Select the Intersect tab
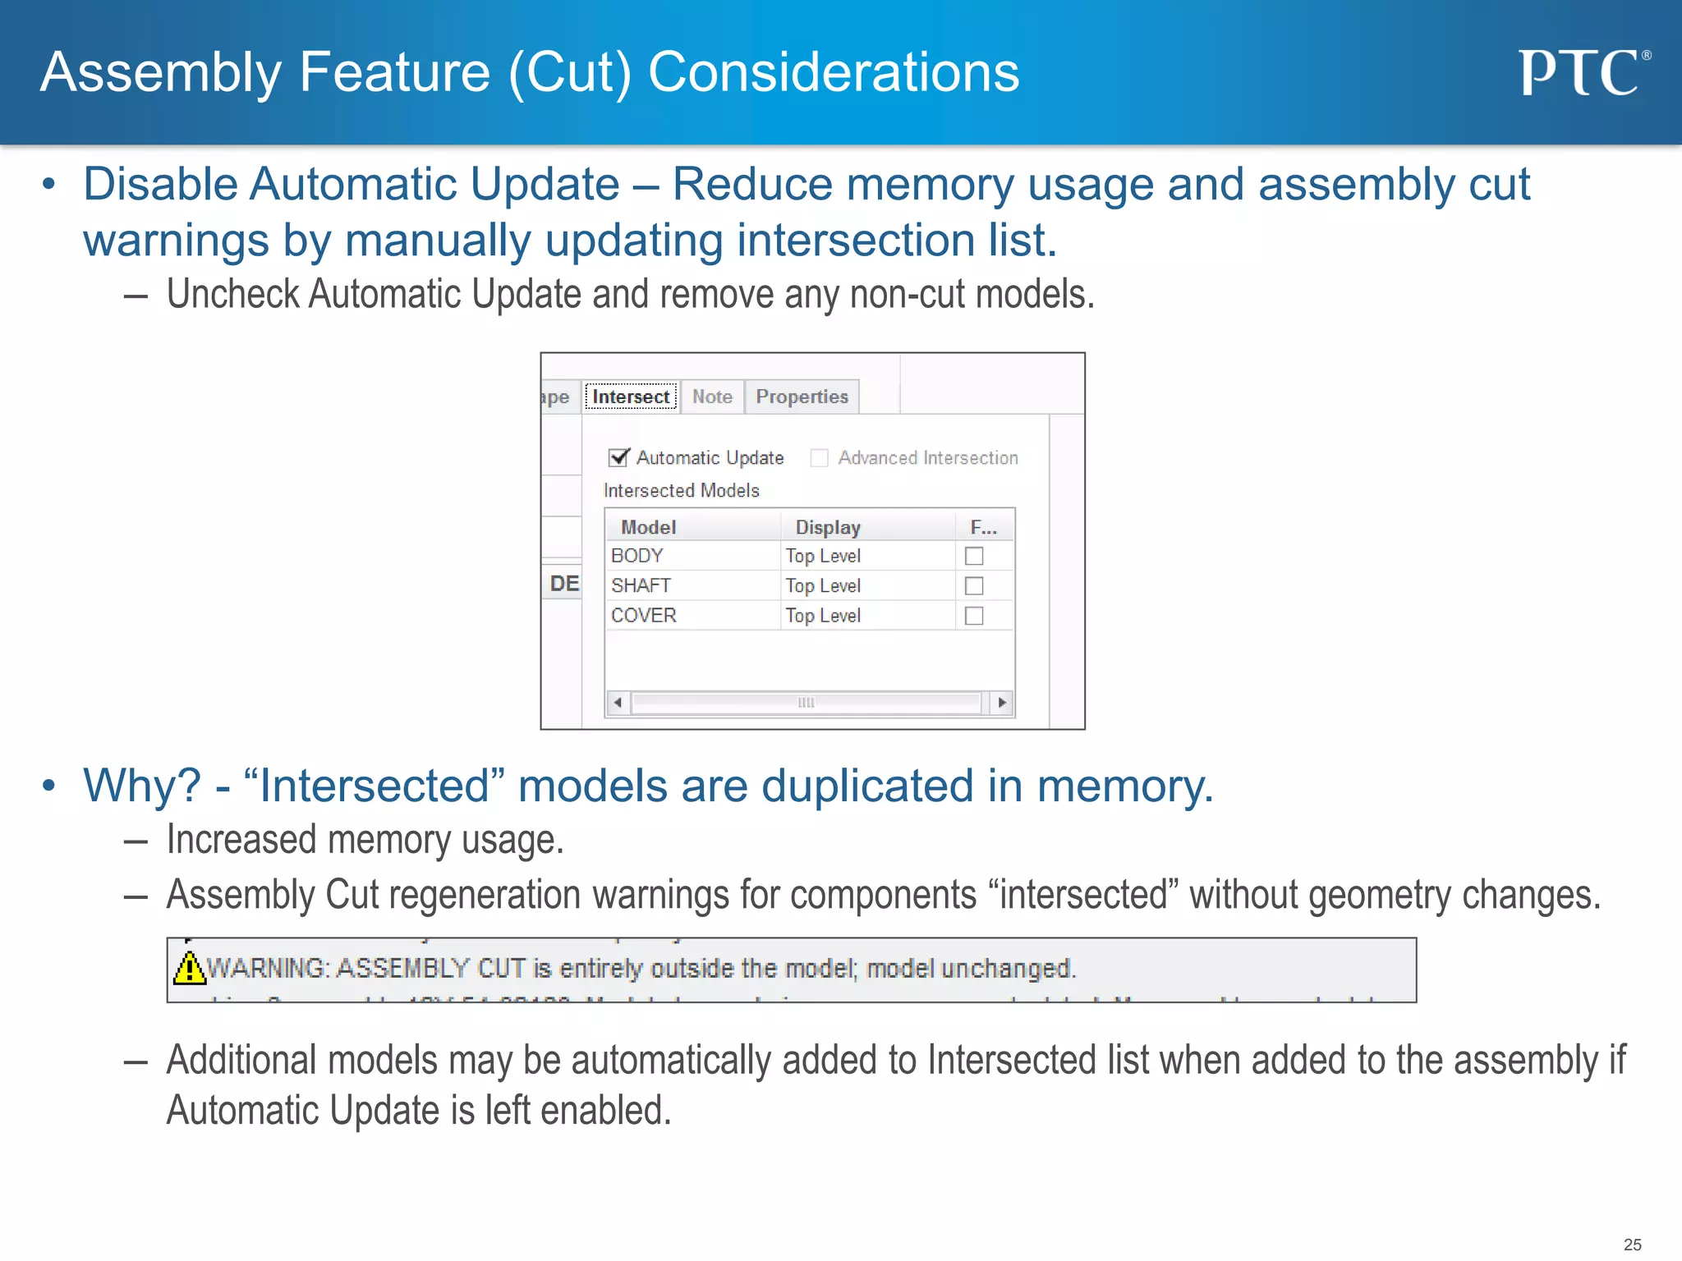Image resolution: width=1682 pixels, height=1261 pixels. [630, 397]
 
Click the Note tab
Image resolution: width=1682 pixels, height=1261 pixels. [711, 397]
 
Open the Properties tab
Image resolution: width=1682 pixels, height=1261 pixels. [802, 397]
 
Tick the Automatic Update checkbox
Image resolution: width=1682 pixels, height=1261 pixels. [618, 457]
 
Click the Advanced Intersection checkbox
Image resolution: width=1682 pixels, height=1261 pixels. [819, 457]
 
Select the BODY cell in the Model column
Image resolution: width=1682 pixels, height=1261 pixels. [637, 556]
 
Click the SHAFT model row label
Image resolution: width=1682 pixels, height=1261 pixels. [641, 585]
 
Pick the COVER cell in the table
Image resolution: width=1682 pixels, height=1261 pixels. [643, 616]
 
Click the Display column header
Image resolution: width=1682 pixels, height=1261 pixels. [828, 527]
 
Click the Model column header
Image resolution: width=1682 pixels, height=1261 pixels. [648, 527]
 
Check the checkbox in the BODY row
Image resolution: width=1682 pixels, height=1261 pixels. [974, 556]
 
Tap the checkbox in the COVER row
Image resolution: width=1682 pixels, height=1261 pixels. [974, 616]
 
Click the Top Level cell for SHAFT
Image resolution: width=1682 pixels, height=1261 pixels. [822, 585]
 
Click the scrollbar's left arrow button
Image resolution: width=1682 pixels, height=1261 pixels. [618, 703]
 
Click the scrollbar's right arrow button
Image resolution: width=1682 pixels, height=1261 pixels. [1001, 703]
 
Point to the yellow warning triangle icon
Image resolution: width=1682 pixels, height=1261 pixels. [190, 968]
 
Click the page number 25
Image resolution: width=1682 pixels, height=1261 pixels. [1632, 1245]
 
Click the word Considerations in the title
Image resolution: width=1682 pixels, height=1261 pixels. [834, 72]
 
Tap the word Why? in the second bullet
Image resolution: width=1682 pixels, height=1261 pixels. [141, 786]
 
